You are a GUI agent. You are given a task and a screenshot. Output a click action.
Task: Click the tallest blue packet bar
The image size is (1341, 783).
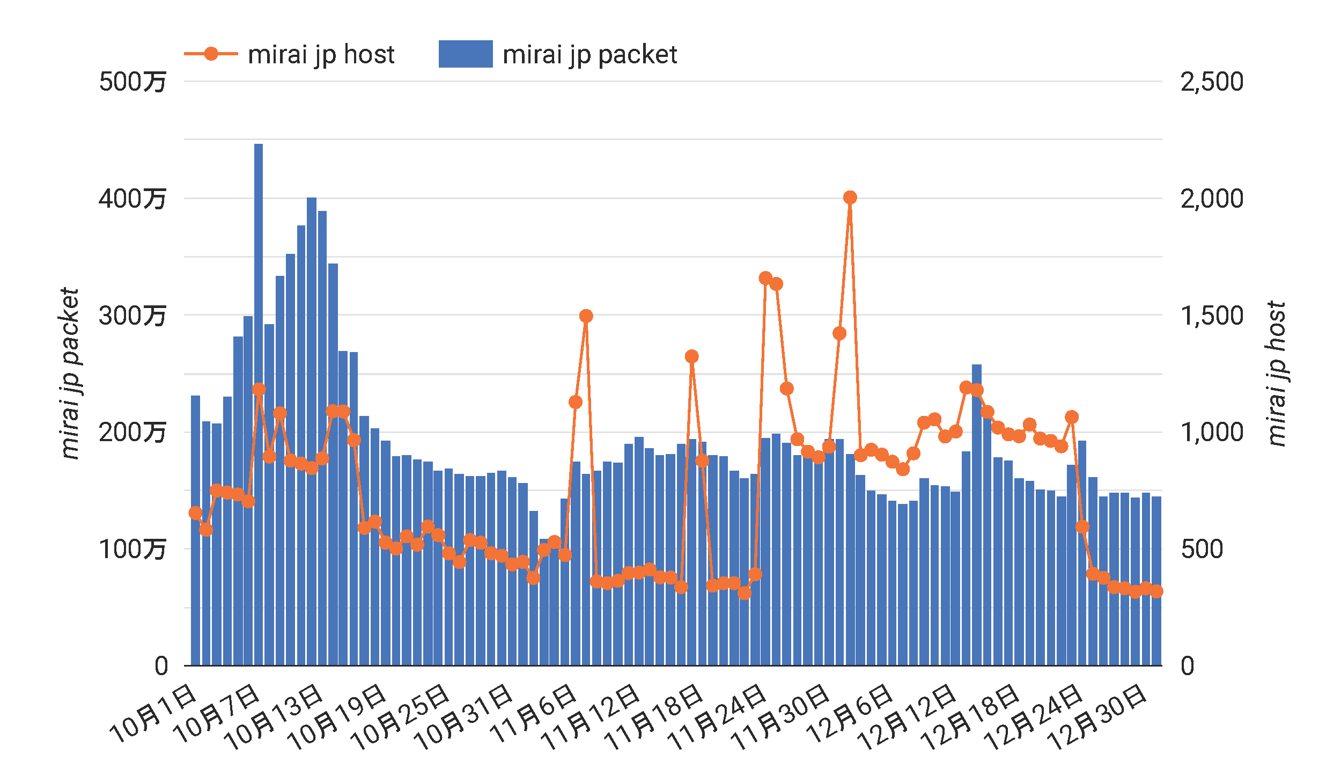[259, 403]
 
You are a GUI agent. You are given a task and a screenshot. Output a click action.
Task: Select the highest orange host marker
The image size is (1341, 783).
[850, 197]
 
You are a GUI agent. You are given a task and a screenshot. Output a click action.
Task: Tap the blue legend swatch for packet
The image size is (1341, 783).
[466, 54]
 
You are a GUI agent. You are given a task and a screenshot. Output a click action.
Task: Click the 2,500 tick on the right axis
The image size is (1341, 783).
[1212, 82]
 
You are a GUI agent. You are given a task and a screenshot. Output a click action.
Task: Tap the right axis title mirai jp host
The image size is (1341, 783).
[1277, 374]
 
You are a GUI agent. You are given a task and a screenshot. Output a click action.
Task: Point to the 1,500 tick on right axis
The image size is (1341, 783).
[1212, 316]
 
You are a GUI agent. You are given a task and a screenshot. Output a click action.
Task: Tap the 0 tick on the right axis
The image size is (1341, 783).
[1188, 666]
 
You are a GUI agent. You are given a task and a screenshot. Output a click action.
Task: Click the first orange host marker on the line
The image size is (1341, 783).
[195, 513]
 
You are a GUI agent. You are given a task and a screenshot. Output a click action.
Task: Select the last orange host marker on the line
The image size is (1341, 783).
[1156, 591]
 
